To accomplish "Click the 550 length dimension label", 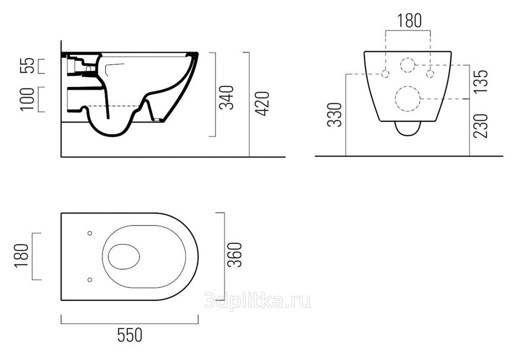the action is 130,335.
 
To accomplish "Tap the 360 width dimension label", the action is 235,255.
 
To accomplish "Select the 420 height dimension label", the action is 262,104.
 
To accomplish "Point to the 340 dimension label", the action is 227,97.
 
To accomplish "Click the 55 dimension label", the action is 27,65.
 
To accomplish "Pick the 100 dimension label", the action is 27,99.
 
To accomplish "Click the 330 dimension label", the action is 335,115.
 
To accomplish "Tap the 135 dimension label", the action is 481,81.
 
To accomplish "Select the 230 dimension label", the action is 481,126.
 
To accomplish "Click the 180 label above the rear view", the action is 409,20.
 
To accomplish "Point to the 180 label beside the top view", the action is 22,256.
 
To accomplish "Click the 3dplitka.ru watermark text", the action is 257,301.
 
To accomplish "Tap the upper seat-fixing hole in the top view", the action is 90,233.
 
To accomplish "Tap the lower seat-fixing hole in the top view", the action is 90,280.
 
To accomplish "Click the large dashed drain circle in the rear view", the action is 408,86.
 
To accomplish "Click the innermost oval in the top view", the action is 108,256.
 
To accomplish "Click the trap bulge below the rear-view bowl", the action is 408,135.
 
